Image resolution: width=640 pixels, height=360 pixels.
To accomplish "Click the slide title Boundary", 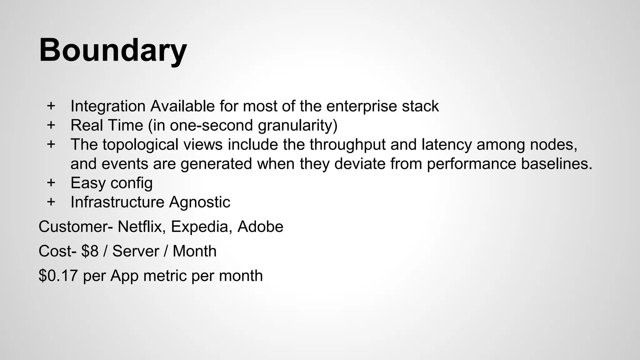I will [x=113, y=50].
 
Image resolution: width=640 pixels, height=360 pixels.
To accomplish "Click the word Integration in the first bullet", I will [x=108, y=106].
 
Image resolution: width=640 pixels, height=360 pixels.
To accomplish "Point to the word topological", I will [x=162, y=145].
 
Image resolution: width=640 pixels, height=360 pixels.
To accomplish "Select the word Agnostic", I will [x=199, y=202].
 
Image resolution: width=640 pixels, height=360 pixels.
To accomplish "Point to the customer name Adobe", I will [x=260, y=227].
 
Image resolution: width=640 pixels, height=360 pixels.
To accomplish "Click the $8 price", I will [x=90, y=251].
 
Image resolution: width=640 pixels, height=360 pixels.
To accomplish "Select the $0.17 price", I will [x=58, y=276].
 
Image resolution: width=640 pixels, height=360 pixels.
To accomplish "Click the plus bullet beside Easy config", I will [x=51, y=182].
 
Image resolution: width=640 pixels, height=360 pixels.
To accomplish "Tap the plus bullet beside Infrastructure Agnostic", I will [x=51, y=202].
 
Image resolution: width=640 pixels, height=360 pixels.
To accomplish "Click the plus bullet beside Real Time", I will [x=51, y=125].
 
